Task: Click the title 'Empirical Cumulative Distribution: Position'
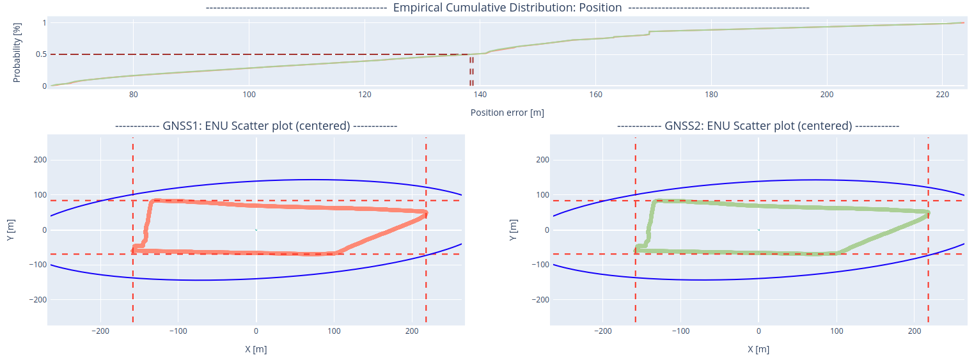click(x=507, y=8)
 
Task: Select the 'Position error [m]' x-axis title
click(x=507, y=113)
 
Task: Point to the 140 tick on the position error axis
click(x=480, y=95)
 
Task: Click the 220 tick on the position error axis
click(x=942, y=95)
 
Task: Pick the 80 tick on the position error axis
click(x=133, y=95)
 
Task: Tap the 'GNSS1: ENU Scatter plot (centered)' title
click(x=256, y=126)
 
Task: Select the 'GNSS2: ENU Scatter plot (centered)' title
click(x=758, y=126)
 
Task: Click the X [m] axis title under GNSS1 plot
click(x=256, y=349)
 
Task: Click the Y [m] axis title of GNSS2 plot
click(x=513, y=230)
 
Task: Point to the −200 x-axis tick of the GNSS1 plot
click(x=100, y=332)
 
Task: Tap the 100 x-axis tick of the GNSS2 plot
click(x=836, y=332)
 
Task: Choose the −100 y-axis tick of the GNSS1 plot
click(x=37, y=265)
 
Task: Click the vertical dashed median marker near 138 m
click(x=472, y=70)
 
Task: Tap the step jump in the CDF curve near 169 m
click(x=649, y=33)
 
